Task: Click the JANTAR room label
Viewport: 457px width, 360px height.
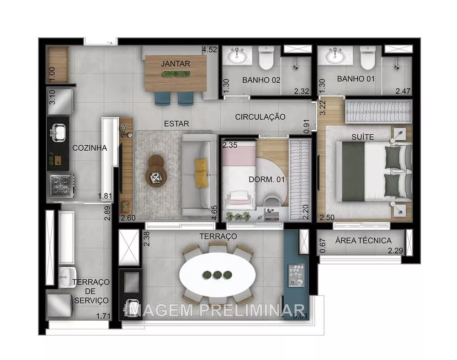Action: tap(175, 64)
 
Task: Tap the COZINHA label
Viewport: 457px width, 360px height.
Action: tap(90, 148)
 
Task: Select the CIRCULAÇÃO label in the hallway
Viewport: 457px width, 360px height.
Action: tap(260, 117)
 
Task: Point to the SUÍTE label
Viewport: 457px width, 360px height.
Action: tap(363, 137)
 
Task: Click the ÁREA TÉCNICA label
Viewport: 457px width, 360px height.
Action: tap(363, 240)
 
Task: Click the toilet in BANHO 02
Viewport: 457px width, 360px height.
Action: tap(266, 58)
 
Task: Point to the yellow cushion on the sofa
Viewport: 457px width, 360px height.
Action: tap(201, 171)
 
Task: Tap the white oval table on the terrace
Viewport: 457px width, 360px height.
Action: tap(217, 274)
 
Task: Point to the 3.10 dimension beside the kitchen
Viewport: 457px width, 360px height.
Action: tap(52, 98)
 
